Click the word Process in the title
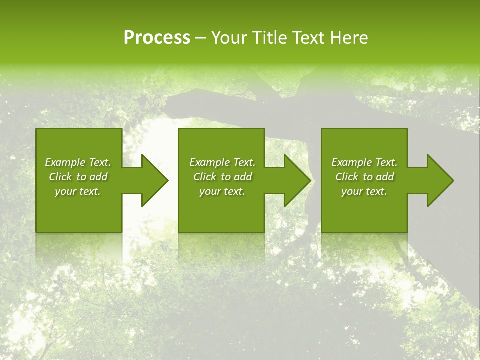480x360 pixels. coord(157,38)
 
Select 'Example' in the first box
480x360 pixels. coord(64,162)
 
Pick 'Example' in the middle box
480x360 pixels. coord(209,162)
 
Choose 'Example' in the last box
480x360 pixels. coord(351,162)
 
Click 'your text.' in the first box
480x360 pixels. coord(78,191)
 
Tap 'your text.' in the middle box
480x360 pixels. coord(222,191)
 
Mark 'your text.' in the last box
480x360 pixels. coord(364,191)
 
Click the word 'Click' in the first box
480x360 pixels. coord(60,177)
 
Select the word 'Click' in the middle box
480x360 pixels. coord(205,177)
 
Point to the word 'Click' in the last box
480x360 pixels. coord(347,177)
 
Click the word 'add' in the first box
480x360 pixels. coord(98,177)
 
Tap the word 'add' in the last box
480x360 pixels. coord(385,177)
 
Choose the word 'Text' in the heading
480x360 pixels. coord(307,38)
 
